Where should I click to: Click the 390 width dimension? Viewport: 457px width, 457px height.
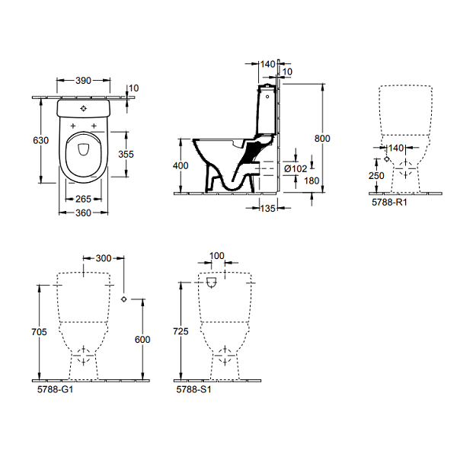click(x=85, y=80)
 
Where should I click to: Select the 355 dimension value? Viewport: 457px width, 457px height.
click(x=126, y=153)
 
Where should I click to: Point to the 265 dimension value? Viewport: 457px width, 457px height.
click(x=85, y=199)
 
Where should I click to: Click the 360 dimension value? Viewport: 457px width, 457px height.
click(x=85, y=213)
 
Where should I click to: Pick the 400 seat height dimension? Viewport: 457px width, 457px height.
click(x=180, y=165)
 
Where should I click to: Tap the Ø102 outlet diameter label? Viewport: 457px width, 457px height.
click(x=295, y=169)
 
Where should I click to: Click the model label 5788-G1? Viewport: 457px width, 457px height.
click(x=56, y=388)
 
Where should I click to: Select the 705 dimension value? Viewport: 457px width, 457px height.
click(x=41, y=332)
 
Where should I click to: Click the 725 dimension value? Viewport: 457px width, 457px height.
click(x=181, y=333)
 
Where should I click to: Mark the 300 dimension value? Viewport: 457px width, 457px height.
click(x=104, y=259)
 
